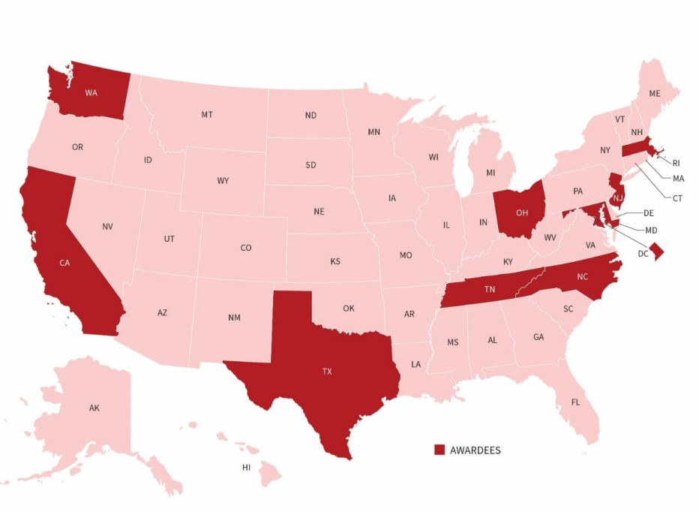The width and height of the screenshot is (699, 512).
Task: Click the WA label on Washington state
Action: [91, 93]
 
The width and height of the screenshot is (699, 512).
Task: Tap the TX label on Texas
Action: [326, 372]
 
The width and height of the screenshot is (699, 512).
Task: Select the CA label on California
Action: [65, 264]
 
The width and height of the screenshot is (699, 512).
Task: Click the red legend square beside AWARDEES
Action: [439, 450]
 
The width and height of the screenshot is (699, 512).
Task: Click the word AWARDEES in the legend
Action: [475, 450]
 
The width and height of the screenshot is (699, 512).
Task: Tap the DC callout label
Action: [643, 254]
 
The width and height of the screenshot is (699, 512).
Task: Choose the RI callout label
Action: [676, 163]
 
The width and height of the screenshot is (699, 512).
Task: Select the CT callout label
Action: [677, 198]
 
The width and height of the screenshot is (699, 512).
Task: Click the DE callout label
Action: [649, 213]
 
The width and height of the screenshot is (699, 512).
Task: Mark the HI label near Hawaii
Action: [246, 468]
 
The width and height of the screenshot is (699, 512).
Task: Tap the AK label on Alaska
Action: [94, 408]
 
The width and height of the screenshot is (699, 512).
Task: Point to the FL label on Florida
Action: [575, 402]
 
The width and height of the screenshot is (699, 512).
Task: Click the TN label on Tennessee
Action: [489, 289]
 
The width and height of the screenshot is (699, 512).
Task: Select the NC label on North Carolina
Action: [582, 276]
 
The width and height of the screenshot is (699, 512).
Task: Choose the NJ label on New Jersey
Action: [617, 198]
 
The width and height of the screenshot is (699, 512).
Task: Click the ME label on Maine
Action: [654, 94]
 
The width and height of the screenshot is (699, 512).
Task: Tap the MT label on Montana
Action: [206, 115]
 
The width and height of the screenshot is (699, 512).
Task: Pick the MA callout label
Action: [678, 179]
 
